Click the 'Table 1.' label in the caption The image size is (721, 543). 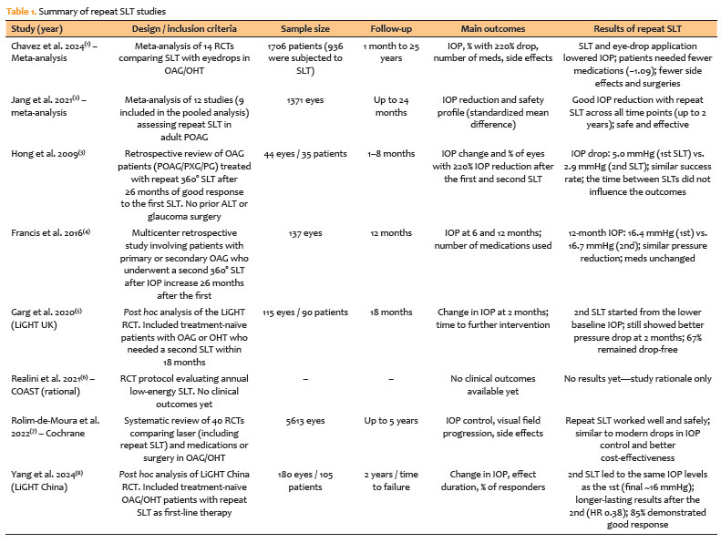coord(23,8)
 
